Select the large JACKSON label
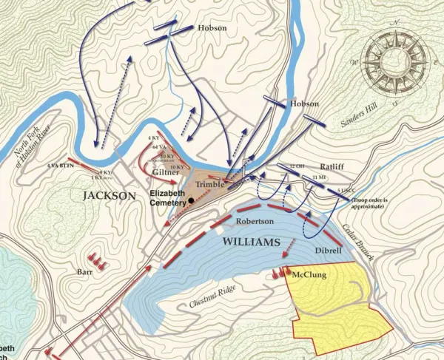pyautogui.click(x=110, y=196)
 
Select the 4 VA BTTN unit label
pyautogui.click(x=61, y=166)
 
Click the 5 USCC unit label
pyautogui.click(x=345, y=191)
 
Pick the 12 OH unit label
pyautogui.click(x=297, y=166)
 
